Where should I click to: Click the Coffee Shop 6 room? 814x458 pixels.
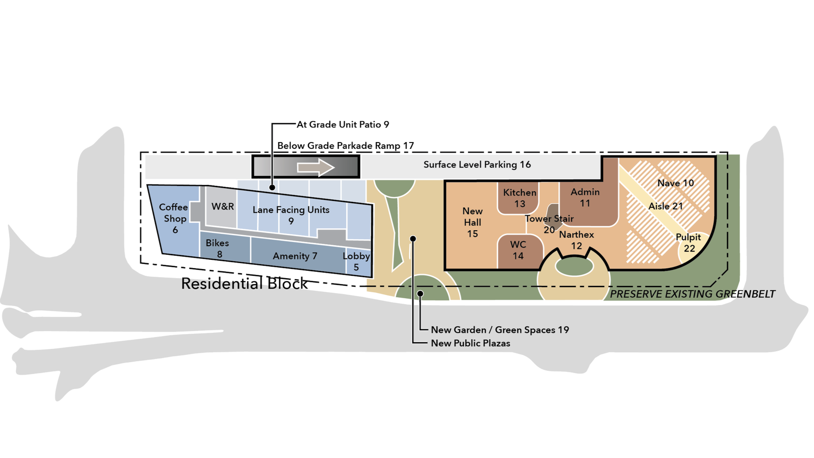click(x=174, y=219)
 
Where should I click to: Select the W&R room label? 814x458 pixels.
click(x=222, y=207)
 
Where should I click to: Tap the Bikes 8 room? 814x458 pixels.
click(x=217, y=248)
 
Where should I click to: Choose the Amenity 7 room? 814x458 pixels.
click(x=295, y=256)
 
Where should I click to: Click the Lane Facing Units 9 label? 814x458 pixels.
click(x=291, y=215)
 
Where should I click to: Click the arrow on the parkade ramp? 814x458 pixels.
click(x=315, y=168)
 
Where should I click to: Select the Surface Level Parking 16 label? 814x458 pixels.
click(x=477, y=165)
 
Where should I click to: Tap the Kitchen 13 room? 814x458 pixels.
click(x=520, y=198)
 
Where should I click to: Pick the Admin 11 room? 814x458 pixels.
click(x=585, y=198)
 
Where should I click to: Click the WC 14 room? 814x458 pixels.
click(x=518, y=250)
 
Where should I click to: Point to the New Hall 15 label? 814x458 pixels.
click(x=473, y=222)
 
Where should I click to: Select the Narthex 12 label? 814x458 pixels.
click(x=577, y=240)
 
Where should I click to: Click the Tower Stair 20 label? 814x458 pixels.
click(x=549, y=224)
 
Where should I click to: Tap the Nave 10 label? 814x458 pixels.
click(x=675, y=183)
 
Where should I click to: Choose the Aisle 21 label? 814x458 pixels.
click(x=665, y=206)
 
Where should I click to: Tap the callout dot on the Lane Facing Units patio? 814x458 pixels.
click(x=272, y=187)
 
